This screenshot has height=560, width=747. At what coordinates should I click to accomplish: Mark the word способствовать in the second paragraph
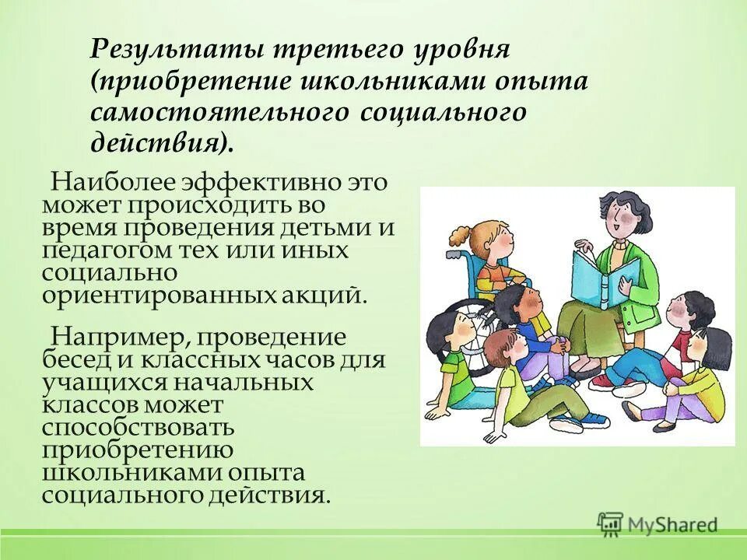click(x=138, y=429)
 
